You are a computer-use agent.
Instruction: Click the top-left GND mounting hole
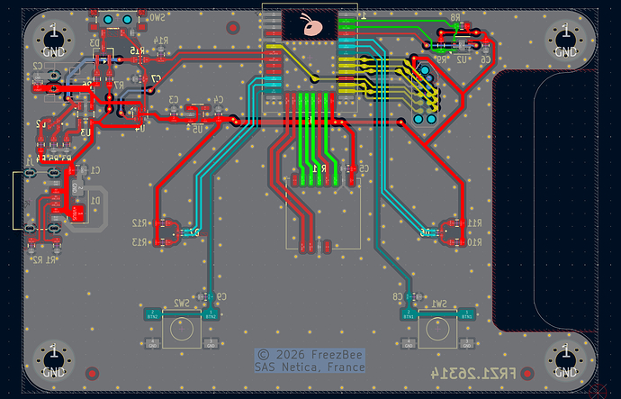tap(53, 40)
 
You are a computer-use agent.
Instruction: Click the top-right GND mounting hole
tap(565, 40)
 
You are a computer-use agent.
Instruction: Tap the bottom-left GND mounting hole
tap(53, 359)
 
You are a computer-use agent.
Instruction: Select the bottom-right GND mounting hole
tap(565, 359)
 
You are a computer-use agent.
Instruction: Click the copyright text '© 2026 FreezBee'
tap(310, 355)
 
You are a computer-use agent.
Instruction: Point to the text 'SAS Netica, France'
tap(310, 367)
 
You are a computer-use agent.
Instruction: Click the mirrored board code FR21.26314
tap(486, 372)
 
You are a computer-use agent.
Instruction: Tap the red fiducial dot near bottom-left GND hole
tap(91, 372)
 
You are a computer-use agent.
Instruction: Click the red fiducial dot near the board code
tap(529, 372)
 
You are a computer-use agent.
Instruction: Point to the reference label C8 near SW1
tap(398, 296)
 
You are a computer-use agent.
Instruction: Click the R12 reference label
tap(139, 222)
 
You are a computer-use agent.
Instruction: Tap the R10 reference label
tap(474, 241)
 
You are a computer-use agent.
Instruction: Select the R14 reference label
tap(161, 41)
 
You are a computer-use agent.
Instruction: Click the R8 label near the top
tap(454, 18)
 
